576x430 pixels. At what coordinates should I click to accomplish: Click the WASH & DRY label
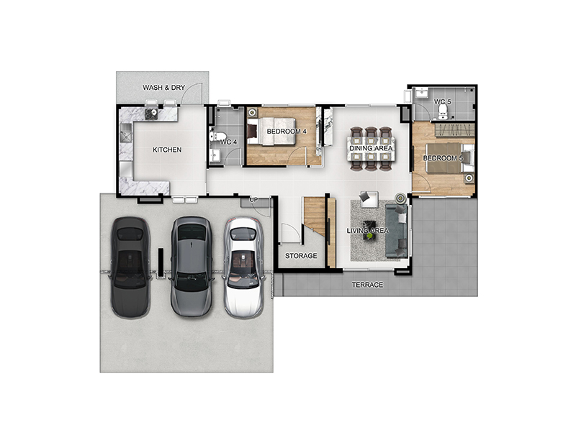tap(164, 88)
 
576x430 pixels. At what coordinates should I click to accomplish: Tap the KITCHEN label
tap(167, 150)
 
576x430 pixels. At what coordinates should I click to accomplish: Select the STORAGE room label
tap(301, 256)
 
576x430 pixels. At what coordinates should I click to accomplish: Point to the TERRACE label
tap(367, 285)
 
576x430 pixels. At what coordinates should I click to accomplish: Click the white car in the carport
tap(243, 267)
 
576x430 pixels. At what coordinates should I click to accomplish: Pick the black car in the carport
tap(130, 267)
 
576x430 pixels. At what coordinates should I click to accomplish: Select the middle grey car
tap(192, 266)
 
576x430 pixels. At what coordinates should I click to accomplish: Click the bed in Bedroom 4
tap(272, 131)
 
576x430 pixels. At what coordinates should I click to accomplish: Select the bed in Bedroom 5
tap(448, 157)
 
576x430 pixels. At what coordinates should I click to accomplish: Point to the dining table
tap(371, 149)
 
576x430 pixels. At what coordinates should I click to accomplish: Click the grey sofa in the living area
tap(397, 230)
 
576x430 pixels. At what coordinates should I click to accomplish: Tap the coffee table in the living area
tap(369, 230)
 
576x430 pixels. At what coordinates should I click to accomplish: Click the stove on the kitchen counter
tap(151, 114)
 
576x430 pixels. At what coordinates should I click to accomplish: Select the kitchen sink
tap(125, 133)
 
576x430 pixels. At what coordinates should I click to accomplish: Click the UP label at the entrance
tap(253, 200)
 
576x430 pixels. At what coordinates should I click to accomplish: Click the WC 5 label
tap(442, 101)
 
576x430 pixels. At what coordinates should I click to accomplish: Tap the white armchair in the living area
tap(369, 198)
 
